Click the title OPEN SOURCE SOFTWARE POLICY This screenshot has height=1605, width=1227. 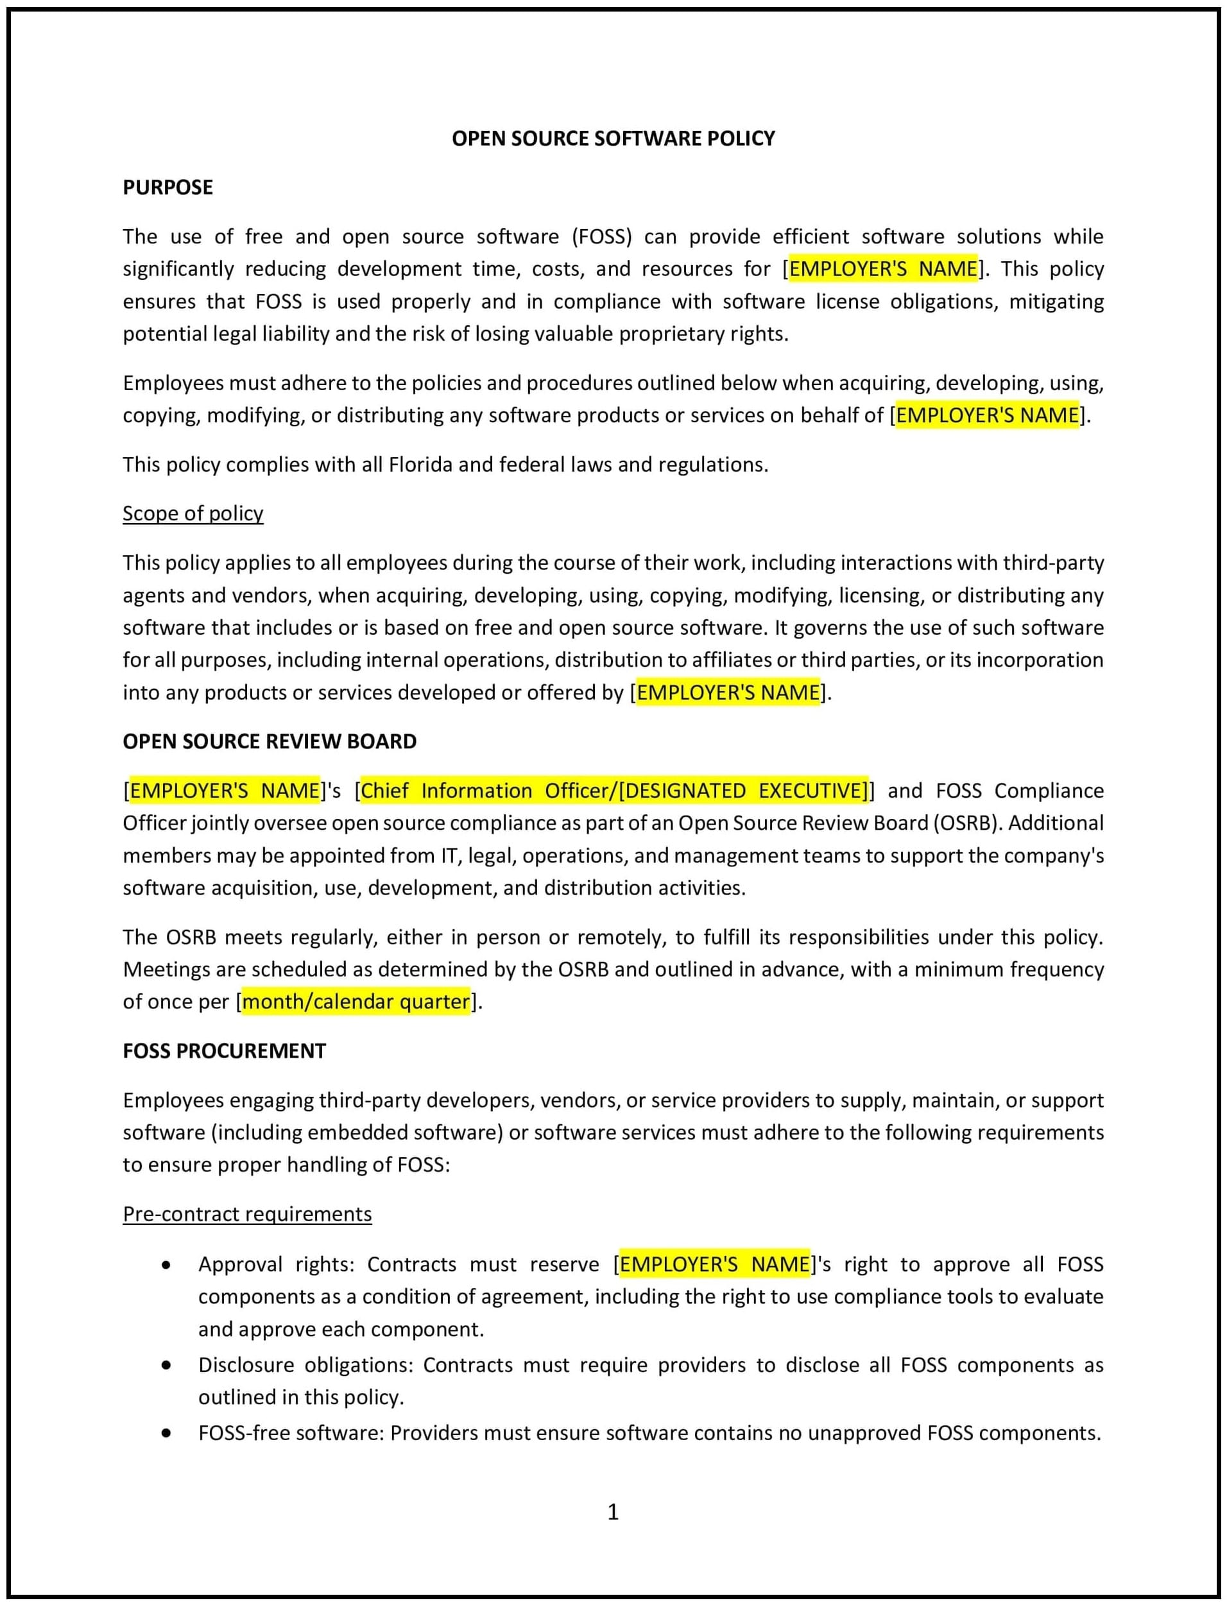(613, 138)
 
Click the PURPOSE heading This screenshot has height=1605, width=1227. (167, 187)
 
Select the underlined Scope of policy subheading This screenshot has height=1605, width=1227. (193, 513)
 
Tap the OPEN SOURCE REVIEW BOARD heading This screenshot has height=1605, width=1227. (270, 741)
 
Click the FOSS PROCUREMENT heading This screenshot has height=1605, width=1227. (223, 1051)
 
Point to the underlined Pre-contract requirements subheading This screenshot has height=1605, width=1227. (247, 1214)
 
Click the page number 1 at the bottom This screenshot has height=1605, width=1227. (613, 1511)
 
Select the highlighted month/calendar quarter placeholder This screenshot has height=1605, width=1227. (356, 1001)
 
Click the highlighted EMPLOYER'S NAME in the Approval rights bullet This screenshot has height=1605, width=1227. (714, 1264)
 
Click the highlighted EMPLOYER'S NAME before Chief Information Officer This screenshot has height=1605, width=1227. (224, 791)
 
